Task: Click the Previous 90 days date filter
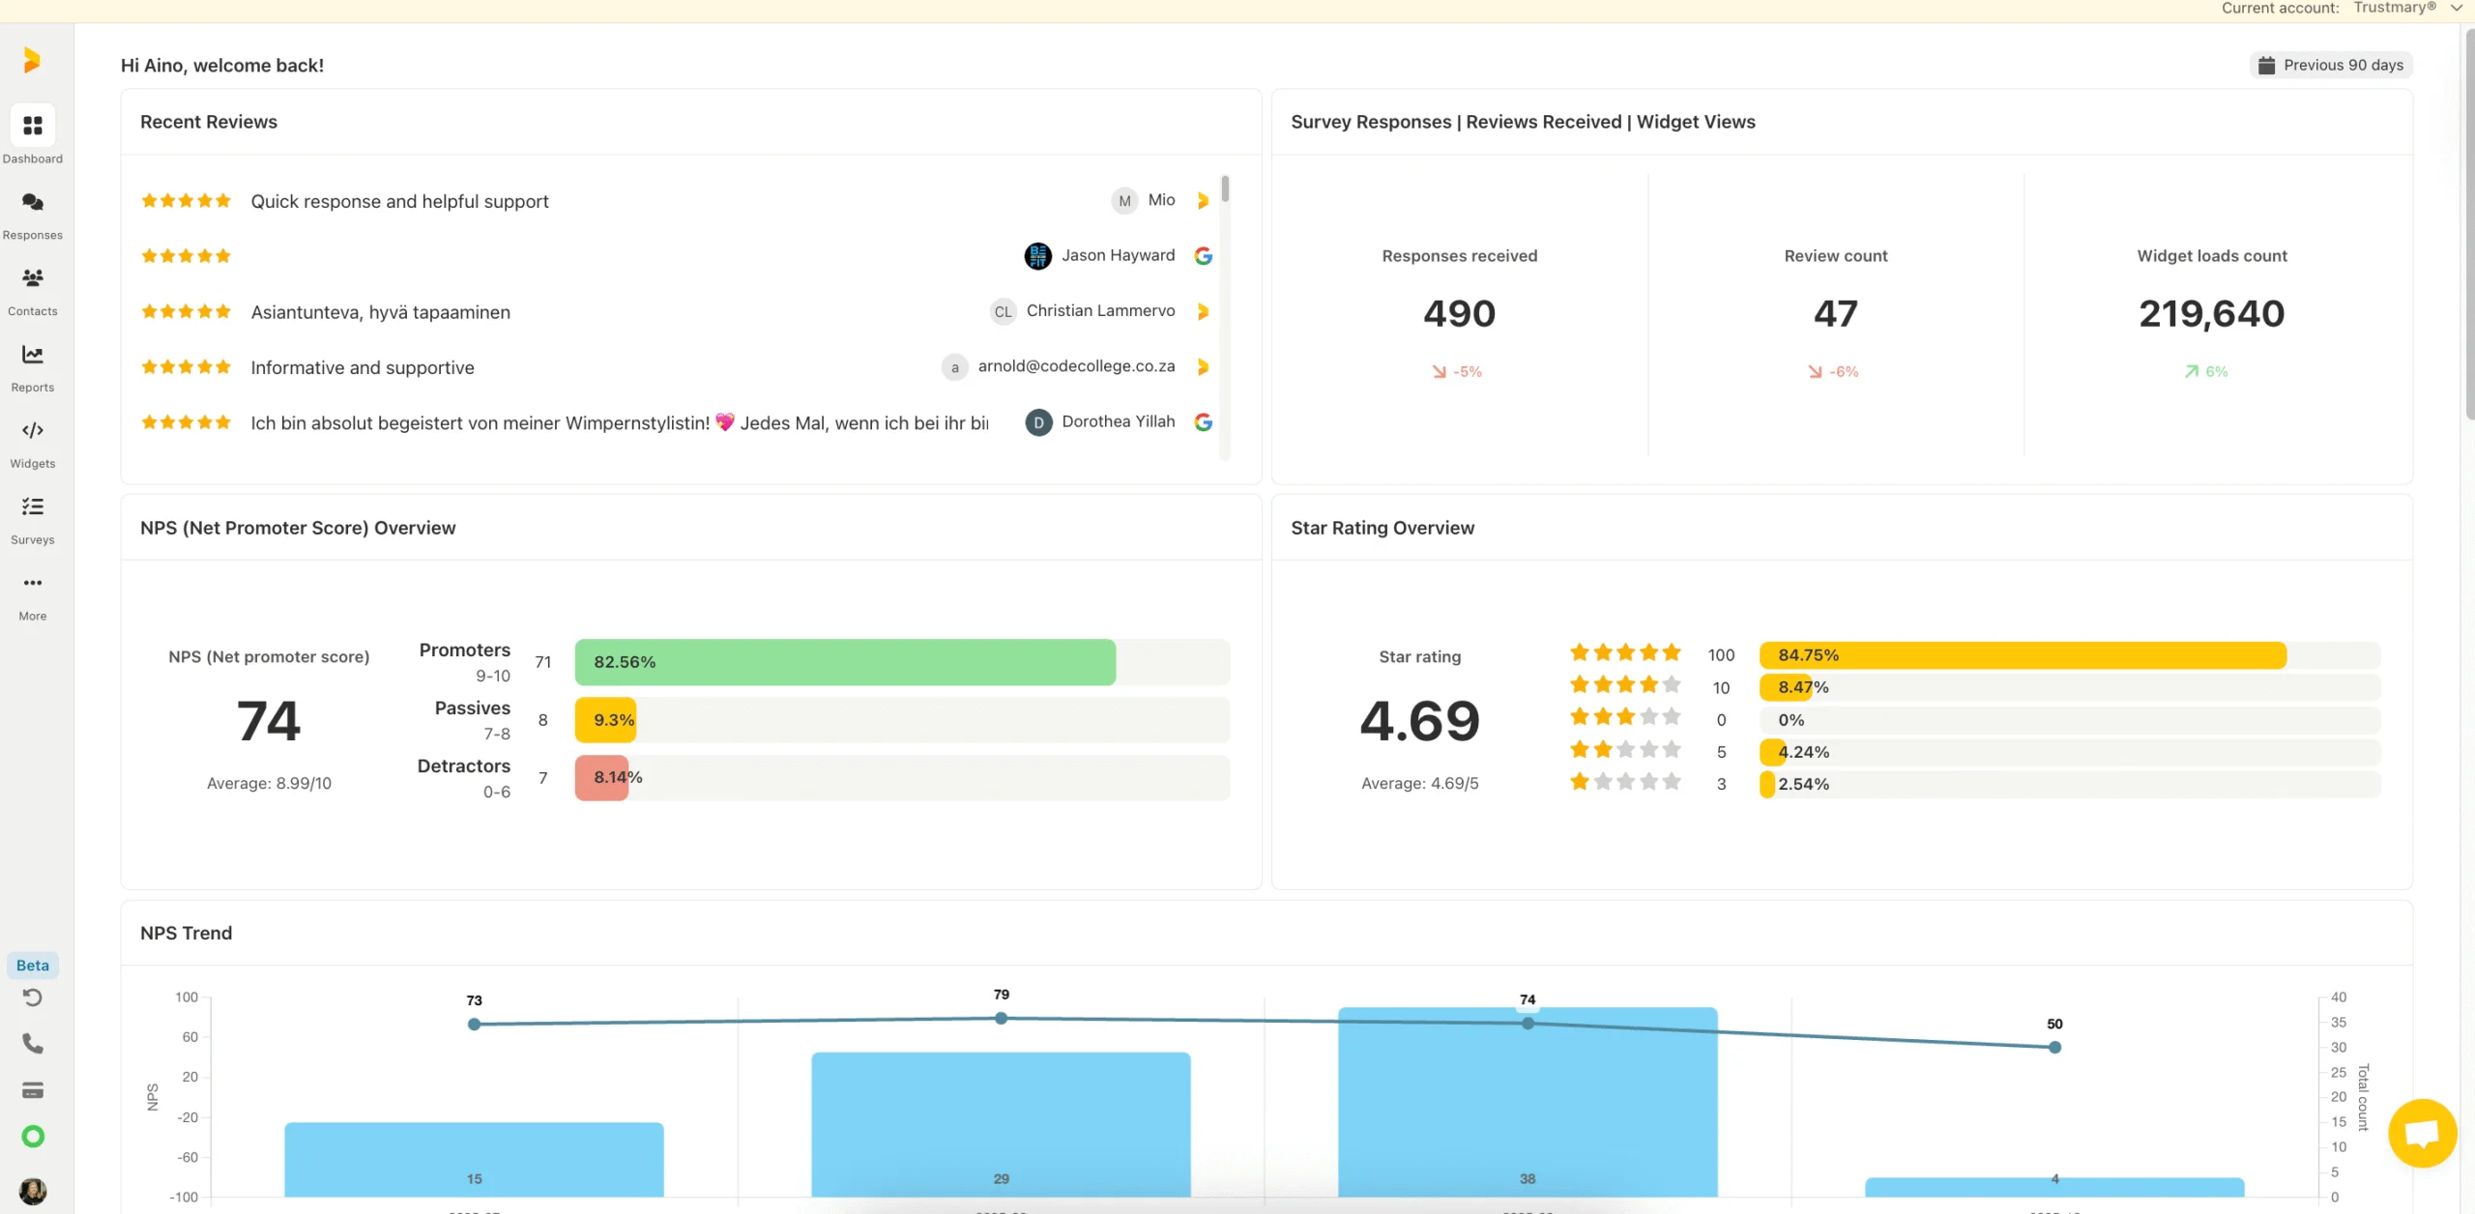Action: (x=2331, y=65)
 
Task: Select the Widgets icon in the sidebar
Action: (x=32, y=430)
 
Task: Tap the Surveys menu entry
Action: (x=32, y=519)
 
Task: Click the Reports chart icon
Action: (x=32, y=355)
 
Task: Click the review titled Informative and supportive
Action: (x=362, y=367)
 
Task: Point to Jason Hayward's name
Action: (x=1118, y=255)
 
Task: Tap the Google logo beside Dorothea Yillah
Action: (x=1203, y=422)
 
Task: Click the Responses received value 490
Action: (x=1459, y=313)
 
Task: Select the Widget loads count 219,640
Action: (x=2211, y=313)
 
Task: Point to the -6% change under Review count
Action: (x=1834, y=371)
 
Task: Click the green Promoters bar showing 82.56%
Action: (x=844, y=662)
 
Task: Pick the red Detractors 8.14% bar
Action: (x=601, y=777)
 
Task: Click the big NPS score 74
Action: (x=269, y=721)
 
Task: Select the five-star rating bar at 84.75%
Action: (x=2022, y=655)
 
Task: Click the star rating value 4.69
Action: (x=1419, y=721)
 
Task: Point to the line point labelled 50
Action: (x=2054, y=1047)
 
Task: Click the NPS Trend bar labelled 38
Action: (x=1527, y=1102)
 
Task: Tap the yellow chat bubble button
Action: (x=2422, y=1133)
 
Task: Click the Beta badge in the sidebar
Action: (x=32, y=965)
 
